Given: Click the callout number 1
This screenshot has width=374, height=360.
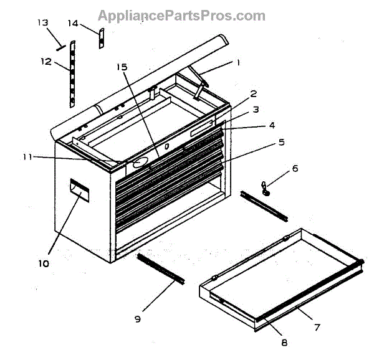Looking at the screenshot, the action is click(x=237, y=63).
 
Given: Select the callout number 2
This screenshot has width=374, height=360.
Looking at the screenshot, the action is click(x=254, y=94).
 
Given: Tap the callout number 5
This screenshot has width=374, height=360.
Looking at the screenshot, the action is click(x=281, y=142).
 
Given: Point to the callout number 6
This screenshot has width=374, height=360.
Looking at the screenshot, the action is click(x=295, y=168).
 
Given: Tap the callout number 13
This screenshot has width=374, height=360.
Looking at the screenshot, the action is click(x=42, y=23).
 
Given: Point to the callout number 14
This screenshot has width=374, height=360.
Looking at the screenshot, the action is click(x=73, y=23).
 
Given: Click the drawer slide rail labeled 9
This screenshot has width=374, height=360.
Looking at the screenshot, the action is click(x=160, y=268).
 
